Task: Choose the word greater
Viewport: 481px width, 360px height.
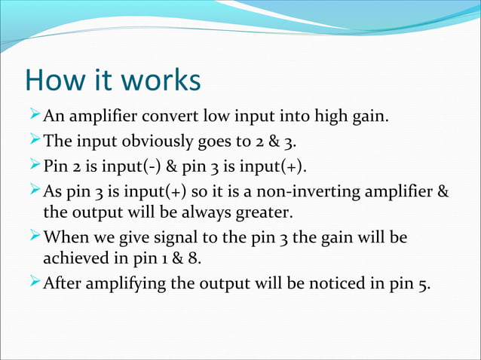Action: [246, 212]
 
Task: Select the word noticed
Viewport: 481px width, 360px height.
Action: [322, 284]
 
